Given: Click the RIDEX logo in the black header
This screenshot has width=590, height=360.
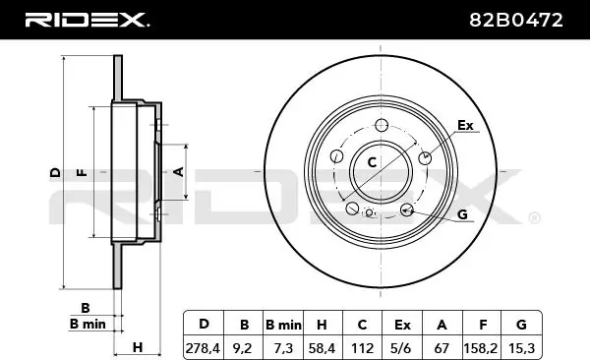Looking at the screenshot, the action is click(87, 20).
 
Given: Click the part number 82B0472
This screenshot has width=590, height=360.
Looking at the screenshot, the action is click(516, 20).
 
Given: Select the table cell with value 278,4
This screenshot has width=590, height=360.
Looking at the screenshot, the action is click(204, 347).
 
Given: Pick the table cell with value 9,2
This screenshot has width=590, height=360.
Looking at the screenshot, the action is click(243, 347).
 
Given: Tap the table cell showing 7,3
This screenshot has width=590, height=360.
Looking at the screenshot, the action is click(283, 347).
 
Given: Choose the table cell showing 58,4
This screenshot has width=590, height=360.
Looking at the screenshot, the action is click(323, 347).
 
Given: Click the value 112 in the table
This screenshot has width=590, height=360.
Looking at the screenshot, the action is click(362, 347).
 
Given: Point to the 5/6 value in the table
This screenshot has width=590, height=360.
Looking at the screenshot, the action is click(402, 347).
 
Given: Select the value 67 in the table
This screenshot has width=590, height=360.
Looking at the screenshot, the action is click(442, 347).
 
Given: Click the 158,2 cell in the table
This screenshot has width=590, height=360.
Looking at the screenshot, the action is click(482, 347).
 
